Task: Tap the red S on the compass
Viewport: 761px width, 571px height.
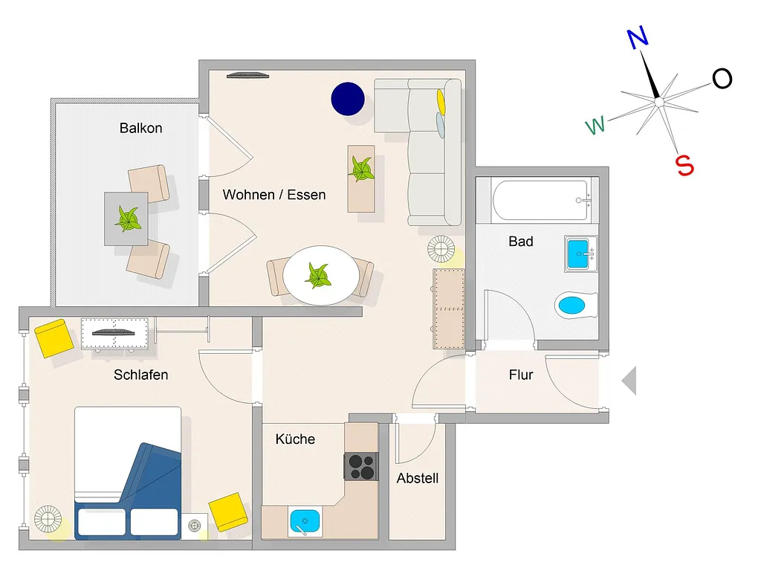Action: click(684, 165)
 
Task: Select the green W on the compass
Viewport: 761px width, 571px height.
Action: click(595, 125)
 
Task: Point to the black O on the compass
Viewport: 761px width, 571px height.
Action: click(722, 78)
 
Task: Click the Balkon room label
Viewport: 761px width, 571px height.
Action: click(140, 128)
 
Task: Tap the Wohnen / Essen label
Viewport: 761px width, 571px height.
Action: click(274, 195)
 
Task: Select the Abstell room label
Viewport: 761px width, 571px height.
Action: click(418, 478)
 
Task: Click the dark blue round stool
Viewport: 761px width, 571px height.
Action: click(348, 99)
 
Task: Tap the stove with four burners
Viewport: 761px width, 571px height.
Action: click(362, 467)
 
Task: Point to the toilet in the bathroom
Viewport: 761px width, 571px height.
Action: click(576, 305)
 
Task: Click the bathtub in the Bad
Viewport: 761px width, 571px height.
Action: click(542, 200)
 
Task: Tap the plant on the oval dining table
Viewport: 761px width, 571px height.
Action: click(318, 275)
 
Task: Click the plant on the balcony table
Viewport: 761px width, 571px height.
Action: click(128, 219)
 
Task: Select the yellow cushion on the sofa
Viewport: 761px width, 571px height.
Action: click(441, 101)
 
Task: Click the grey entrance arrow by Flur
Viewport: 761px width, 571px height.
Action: click(629, 381)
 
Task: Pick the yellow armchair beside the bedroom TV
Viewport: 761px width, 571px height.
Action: click(54, 338)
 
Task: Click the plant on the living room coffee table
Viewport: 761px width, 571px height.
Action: click(361, 169)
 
